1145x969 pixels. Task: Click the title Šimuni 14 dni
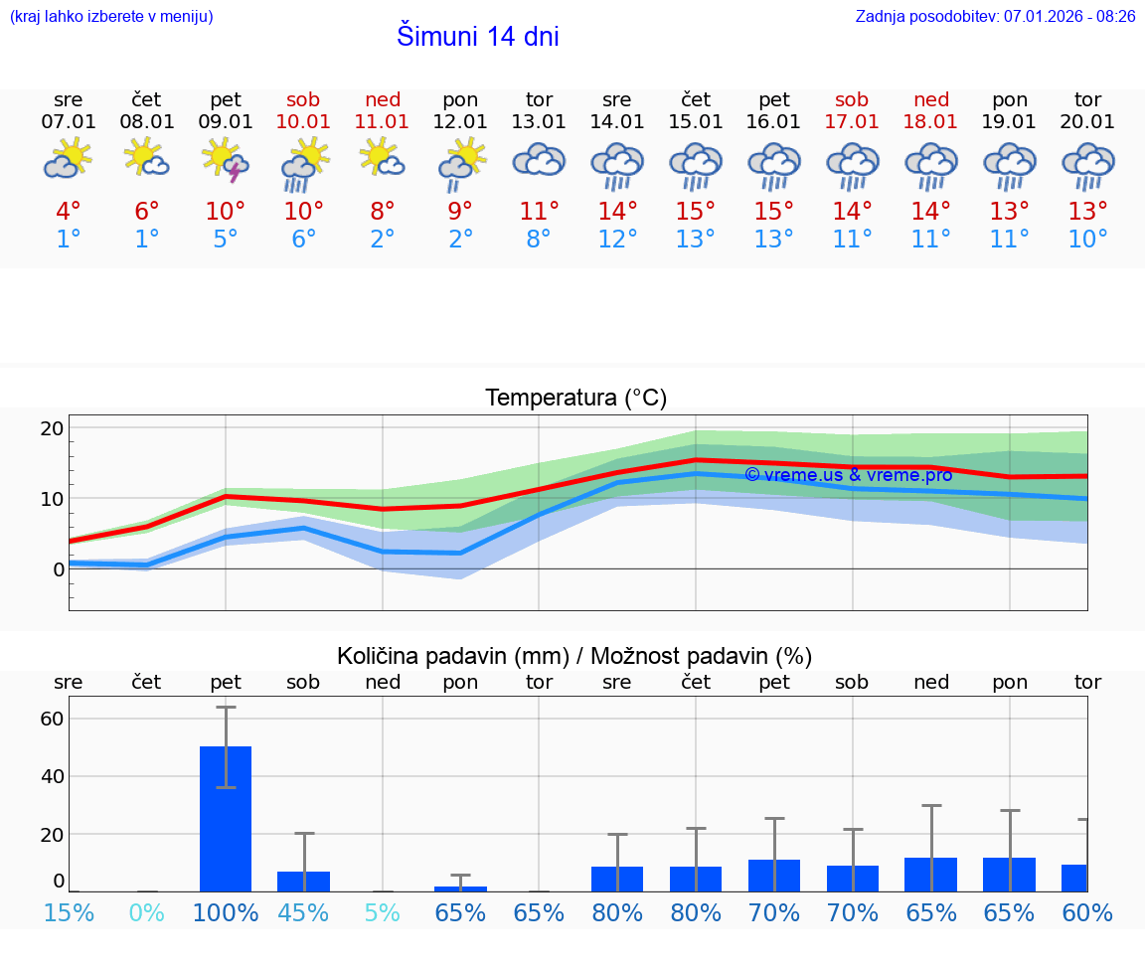(477, 37)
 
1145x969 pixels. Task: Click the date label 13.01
(539, 121)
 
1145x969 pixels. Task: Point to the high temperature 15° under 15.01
(696, 212)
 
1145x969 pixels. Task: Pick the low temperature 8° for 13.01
(539, 240)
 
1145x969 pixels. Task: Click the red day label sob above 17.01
(852, 99)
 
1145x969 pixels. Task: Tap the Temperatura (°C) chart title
(575, 399)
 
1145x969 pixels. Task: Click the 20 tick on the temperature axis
(52, 428)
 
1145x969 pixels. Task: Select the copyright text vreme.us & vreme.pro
(848, 475)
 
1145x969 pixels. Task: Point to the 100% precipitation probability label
(226, 912)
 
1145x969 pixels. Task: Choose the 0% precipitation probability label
(147, 912)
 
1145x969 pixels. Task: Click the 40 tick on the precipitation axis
(52, 776)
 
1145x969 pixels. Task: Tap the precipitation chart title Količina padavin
(574, 656)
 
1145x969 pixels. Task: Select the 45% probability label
(303, 912)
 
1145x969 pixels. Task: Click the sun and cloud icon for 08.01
(147, 158)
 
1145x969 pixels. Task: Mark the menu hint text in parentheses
(111, 16)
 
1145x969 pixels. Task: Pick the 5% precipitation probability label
(382, 912)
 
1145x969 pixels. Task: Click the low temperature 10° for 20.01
(1087, 240)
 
